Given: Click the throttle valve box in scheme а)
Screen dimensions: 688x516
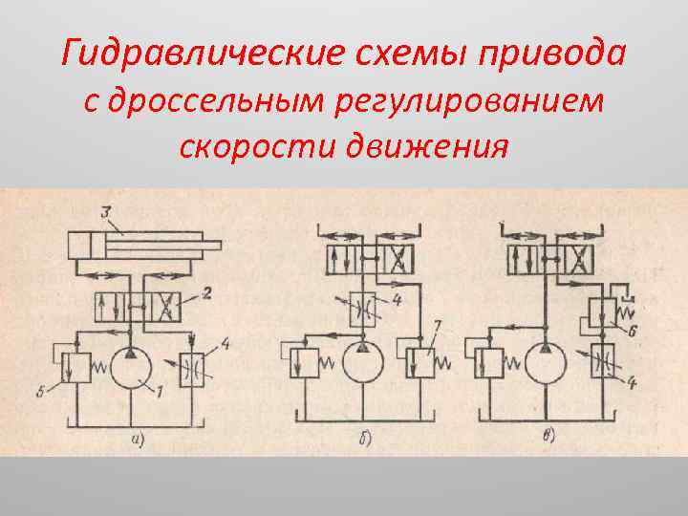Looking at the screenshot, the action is click(x=190, y=368).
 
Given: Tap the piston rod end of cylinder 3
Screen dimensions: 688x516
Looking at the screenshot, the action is click(x=216, y=246).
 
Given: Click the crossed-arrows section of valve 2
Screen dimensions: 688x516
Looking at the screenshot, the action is click(x=165, y=308).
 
